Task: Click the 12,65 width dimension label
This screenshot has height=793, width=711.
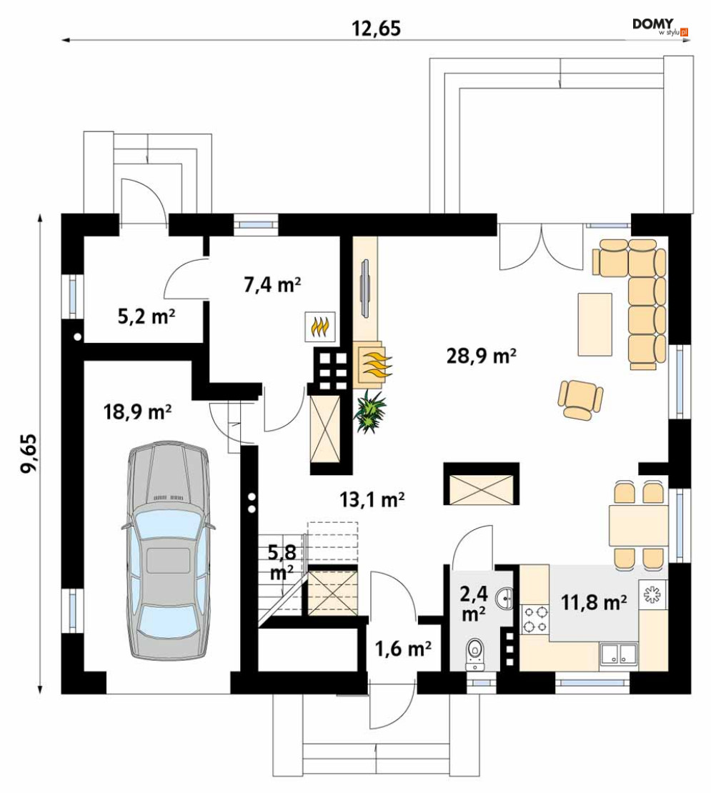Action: (377, 29)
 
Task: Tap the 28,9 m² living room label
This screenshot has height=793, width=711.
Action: (481, 356)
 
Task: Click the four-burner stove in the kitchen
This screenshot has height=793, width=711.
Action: (535, 620)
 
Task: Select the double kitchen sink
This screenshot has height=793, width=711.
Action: (618, 654)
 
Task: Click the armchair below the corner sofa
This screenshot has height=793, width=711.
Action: (581, 399)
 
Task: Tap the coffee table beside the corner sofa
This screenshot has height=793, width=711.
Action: (595, 324)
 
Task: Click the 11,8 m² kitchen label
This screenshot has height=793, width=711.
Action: (594, 602)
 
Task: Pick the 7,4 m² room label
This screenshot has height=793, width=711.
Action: (272, 285)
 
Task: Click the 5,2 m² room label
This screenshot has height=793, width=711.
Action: (146, 316)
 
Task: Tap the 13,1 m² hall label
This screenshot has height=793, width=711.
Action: (372, 499)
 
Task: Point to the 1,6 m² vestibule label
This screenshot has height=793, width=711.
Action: (402, 648)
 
